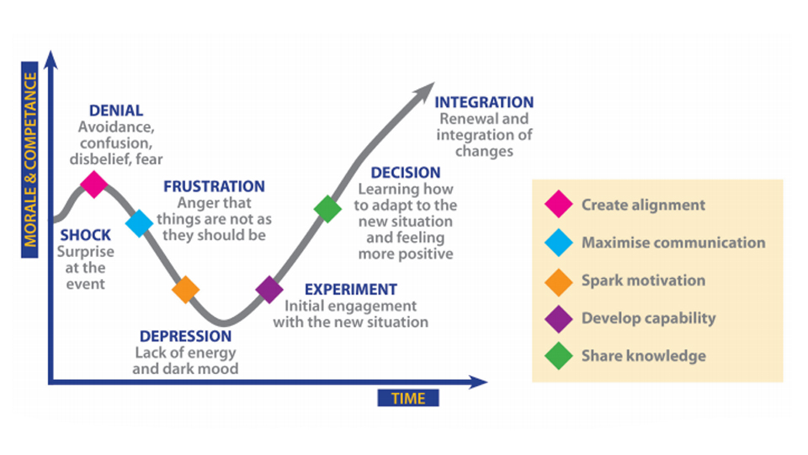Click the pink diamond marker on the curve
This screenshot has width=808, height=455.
93,182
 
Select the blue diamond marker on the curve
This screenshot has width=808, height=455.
140,222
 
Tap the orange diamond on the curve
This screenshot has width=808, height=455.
185,289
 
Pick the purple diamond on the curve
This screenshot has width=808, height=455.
269,289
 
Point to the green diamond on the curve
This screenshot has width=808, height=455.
327,208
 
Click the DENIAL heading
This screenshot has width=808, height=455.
116,111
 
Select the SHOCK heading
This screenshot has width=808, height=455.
81,235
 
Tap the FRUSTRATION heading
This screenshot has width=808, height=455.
214,186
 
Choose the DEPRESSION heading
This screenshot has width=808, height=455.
186,336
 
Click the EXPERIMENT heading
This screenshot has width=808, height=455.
351,290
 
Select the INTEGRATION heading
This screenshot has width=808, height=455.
484,103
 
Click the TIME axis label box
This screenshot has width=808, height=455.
408,397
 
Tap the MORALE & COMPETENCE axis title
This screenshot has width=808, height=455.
31,160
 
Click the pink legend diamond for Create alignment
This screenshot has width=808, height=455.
557,205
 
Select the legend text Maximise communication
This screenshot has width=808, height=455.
673,243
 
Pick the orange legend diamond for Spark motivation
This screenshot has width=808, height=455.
557,281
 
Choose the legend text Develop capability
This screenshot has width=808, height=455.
648,318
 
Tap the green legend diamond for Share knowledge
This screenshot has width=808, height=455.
557,356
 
